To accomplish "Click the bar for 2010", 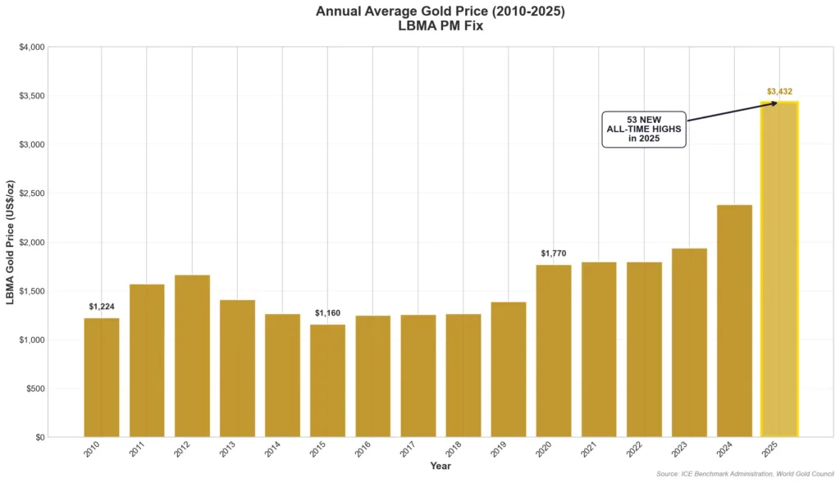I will [102, 377].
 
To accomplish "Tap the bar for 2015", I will [327, 380].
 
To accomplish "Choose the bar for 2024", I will [734, 321].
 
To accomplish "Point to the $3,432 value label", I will [779, 92].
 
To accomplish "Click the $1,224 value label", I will [102, 307].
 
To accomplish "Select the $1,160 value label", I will [327, 313].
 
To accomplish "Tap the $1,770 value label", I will [553, 253].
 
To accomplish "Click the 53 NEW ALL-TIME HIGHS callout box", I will [644, 130].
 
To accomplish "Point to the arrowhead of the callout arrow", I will [774, 103].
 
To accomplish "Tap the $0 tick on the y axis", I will [38, 437].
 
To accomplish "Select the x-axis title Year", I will [441, 466].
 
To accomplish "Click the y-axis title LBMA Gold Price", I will [11, 242].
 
